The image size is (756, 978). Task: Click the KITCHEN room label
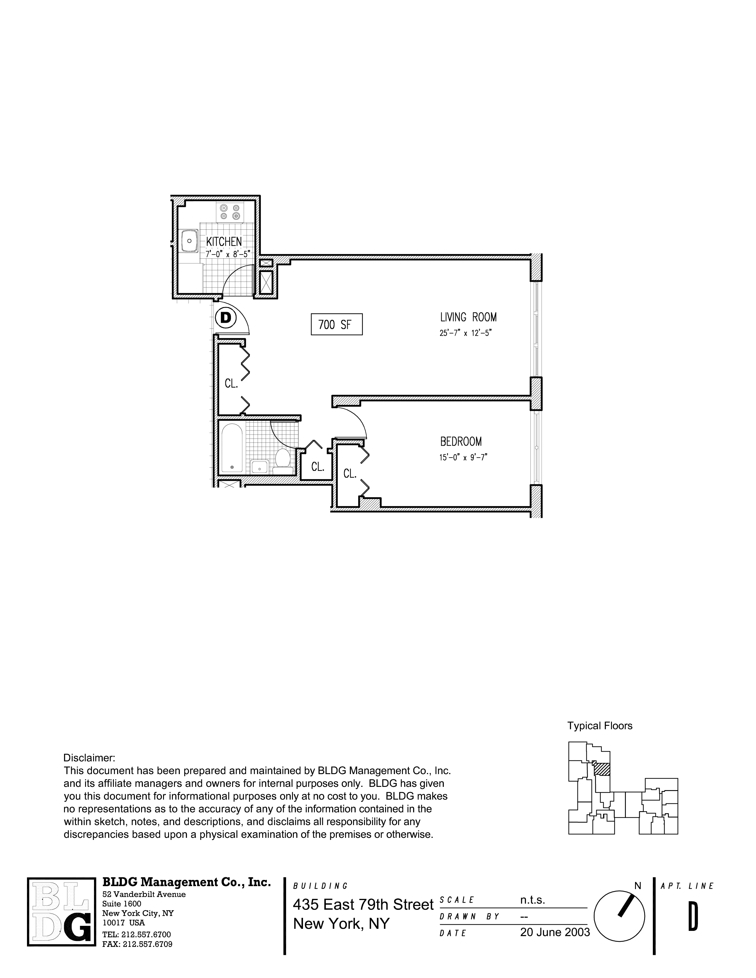pyautogui.click(x=224, y=242)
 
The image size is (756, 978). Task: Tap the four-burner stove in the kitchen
pyautogui.click(x=230, y=212)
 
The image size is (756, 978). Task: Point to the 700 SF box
pyautogui.click(x=336, y=324)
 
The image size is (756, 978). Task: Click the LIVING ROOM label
pyautogui.click(x=468, y=317)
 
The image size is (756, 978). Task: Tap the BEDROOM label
pyautogui.click(x=461, y=442)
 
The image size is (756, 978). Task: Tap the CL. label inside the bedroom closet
pyautogui.click(x=350, y=473)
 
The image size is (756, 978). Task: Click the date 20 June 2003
pyautogui.click(x=555, y=932)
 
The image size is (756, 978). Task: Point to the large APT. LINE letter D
pyautogui.click(x=693, y=917)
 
